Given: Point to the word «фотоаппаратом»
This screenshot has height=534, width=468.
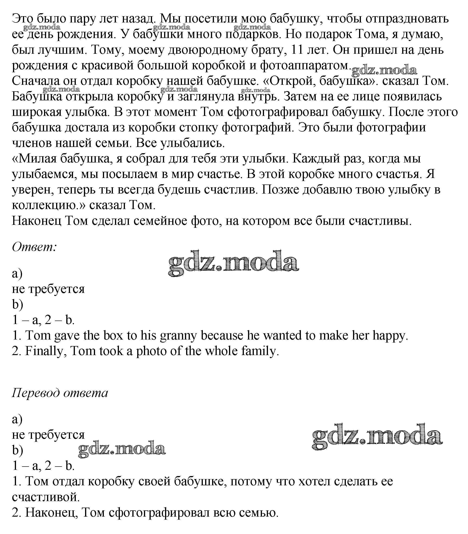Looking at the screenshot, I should click(305, 66).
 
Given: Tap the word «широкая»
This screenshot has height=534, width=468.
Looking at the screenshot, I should click(36, 112).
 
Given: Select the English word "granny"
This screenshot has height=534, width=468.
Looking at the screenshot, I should click(178, 336).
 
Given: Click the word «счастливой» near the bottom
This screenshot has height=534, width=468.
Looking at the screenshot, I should click(46, 497).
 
